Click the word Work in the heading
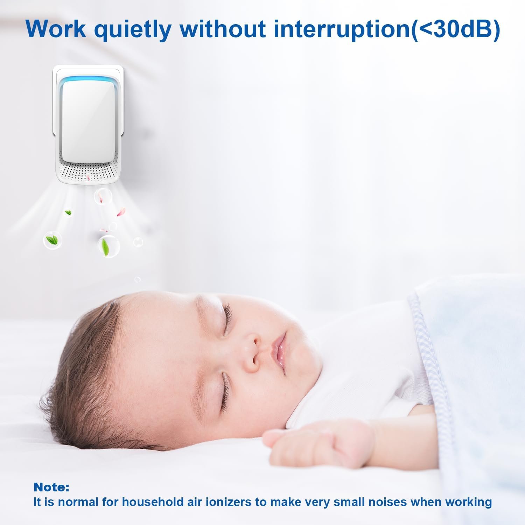[56, 29]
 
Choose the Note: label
[51, 487]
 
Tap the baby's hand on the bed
[315, 443]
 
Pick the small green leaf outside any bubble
[68, 212]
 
